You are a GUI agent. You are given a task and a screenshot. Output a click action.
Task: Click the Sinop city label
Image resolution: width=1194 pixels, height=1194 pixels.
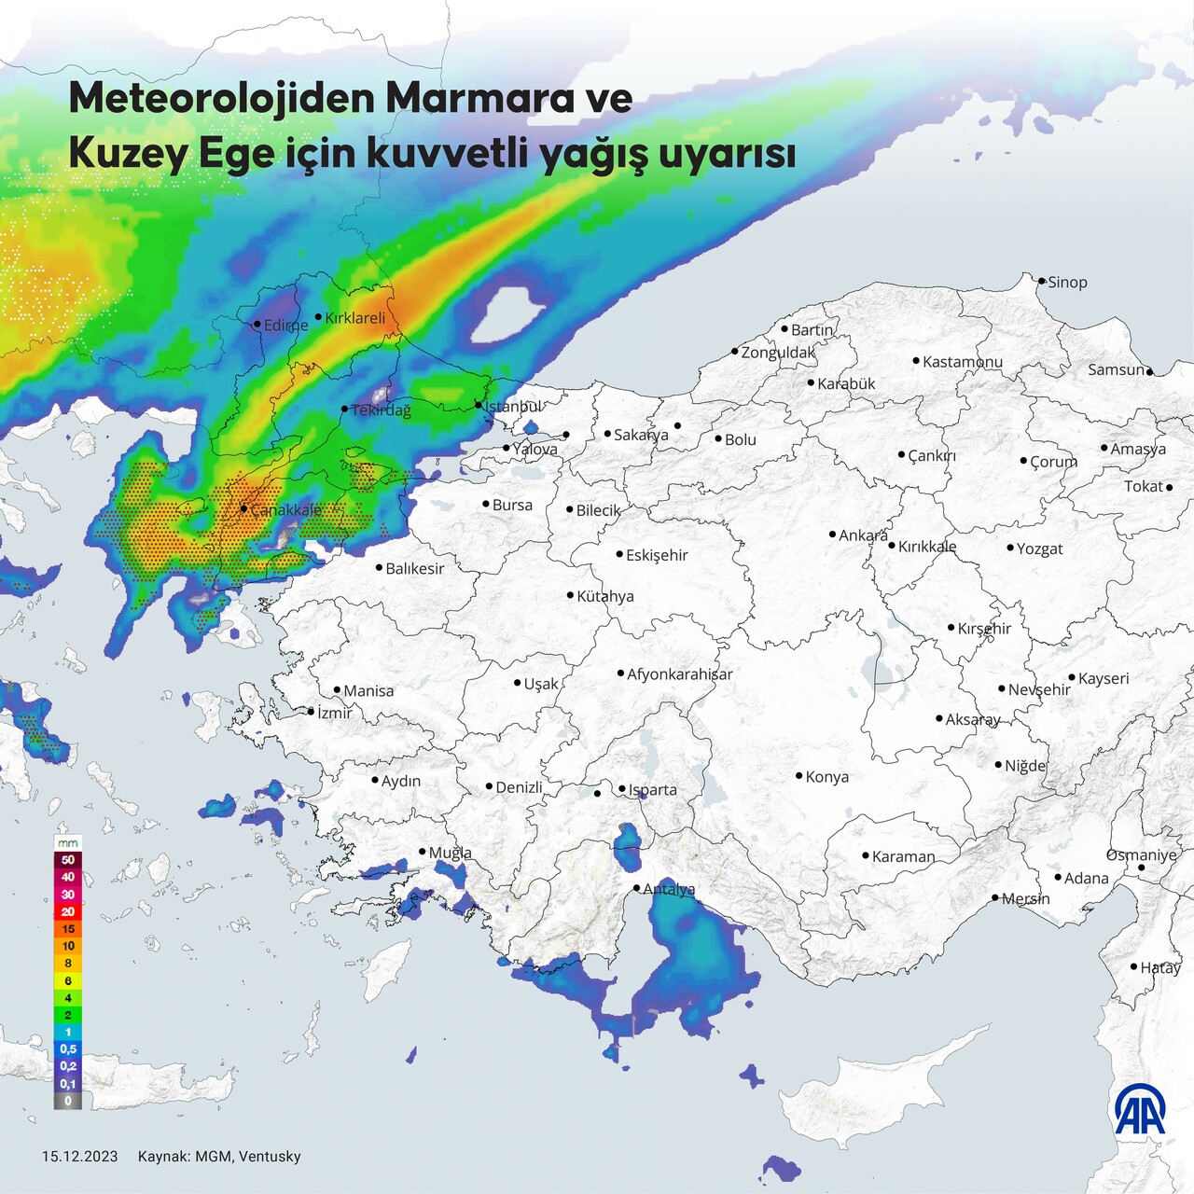pos(1067,282)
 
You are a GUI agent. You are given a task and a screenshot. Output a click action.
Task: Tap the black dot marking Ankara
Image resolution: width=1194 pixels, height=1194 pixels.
pos(832,535)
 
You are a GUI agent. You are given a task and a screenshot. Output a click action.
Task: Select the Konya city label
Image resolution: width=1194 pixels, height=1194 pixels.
pos(826,777)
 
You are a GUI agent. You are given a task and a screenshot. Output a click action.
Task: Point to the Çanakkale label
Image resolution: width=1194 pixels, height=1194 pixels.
pos(285,509)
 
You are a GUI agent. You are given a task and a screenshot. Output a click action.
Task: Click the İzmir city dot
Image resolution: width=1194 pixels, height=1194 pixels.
pos(312,712)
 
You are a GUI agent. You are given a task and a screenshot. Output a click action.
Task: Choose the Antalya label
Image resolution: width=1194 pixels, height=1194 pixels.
pos(669,889)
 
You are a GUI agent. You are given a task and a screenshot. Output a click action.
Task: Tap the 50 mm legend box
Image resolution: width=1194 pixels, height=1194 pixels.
pos(68,860)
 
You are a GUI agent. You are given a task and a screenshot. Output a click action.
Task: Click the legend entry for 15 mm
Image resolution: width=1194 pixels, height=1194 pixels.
pos(68,929)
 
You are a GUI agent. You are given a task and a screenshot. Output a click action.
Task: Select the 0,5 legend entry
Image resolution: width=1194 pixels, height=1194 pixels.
pos(68,1049)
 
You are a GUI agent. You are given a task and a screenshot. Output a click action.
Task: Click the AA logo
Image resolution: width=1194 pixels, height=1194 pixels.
pos(1140,1109)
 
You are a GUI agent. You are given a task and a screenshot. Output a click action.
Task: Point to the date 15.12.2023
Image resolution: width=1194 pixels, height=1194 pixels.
pos(80,1157)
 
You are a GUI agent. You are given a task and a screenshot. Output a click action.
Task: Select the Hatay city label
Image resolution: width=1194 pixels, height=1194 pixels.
pos(1159,967)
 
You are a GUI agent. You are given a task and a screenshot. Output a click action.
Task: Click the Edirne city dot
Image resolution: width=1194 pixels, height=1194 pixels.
pos(257,325)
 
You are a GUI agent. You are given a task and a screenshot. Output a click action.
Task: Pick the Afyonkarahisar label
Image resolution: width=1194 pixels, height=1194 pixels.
pos(679,673)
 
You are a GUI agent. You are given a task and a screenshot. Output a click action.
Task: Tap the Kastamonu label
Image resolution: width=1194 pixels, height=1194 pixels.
pos(962,361)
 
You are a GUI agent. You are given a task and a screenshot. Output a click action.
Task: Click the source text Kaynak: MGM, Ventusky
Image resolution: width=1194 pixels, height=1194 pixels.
pos(219,1157)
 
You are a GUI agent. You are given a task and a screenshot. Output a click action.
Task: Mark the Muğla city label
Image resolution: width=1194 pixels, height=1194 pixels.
pos(450,853)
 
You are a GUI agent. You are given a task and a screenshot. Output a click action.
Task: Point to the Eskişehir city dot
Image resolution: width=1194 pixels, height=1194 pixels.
pos(619,554)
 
